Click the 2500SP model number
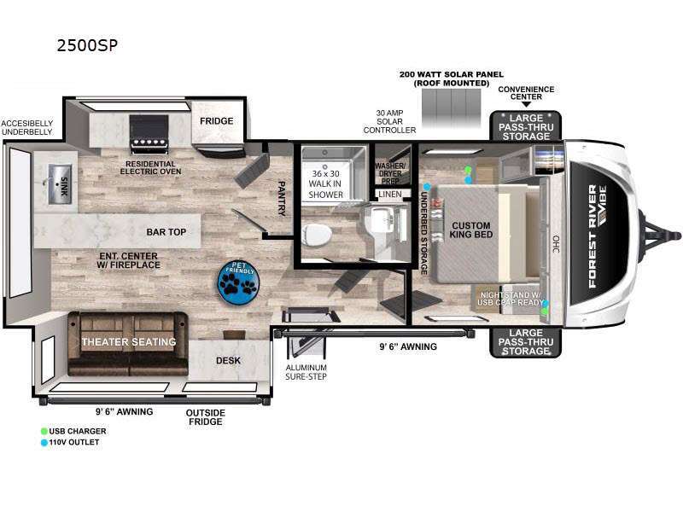(x=87, y=45)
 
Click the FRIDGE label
(x=217, y=121)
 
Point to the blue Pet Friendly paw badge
(x=238, y=282)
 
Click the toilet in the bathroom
(x=317, y=234)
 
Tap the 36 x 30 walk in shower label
(x=325, y=184)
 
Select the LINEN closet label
(x=390, y=195)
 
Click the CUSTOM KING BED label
(x=471, y=230)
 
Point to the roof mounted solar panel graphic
(x=452, y=108)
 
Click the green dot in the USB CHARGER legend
(x=44, y=431)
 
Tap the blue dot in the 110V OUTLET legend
(x=44, y=442)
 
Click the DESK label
(x=228, y=360)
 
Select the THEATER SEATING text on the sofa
(x=129, y=342)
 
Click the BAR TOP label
(x=166, y=232)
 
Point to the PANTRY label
(x=282, y=199)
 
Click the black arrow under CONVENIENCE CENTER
(x=526, y=104)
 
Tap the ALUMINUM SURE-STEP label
(x=306, y=372)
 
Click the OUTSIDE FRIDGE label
(x=206, y=417)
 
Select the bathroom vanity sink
(x=380, y=221)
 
